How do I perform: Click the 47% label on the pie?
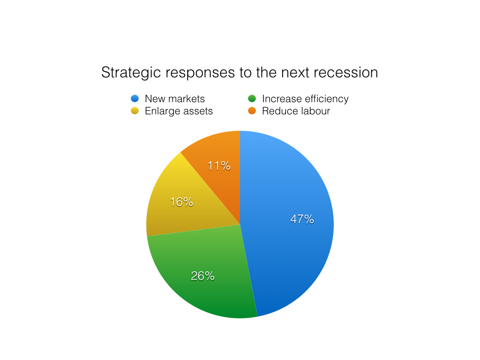302,219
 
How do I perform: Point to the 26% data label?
202,276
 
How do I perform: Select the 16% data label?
181,202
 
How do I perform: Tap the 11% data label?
219,165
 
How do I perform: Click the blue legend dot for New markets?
135,98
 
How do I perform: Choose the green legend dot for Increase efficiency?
252,98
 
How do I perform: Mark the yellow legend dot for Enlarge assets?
135,111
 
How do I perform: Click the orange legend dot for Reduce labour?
252,111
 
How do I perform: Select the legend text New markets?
175,98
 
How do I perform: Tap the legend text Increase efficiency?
305,99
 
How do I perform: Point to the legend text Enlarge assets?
179,111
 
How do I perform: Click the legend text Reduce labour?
296,111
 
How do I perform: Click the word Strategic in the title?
131,73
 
